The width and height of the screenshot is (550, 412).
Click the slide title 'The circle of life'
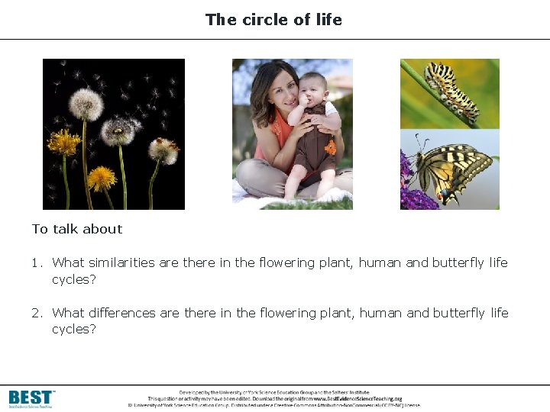273,20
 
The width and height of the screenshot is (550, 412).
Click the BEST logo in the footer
31,398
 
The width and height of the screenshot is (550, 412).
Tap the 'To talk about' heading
77,229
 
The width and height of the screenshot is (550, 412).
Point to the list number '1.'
37,263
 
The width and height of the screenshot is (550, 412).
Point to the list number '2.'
37,314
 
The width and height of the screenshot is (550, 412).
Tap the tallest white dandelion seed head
86,105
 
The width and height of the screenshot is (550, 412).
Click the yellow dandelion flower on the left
63,143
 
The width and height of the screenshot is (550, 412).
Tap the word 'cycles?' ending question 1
74,279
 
